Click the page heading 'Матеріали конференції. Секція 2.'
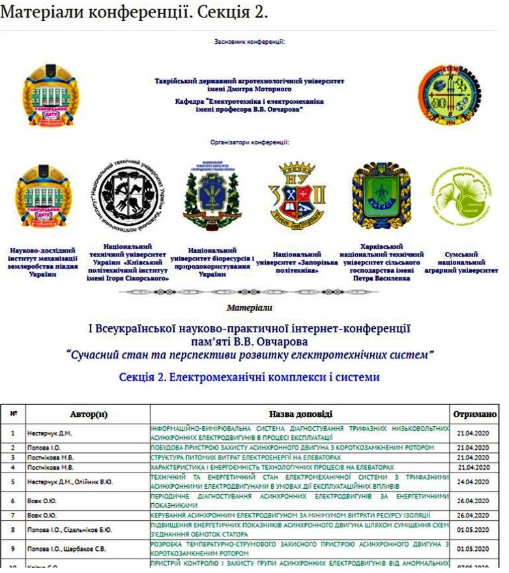pos(134,12)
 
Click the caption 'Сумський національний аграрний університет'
pos(461,262)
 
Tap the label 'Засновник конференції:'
pos(250,42)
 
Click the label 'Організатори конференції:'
pos(250,141)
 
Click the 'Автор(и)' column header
pos(88,414)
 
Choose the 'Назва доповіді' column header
pos(300,414)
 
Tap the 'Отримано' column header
pos(474,414)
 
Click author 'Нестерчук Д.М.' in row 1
pos(49,433)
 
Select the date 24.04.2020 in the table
pos(473,482)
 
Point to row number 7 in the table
pos(13,516)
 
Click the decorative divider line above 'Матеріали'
pos(250,292)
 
